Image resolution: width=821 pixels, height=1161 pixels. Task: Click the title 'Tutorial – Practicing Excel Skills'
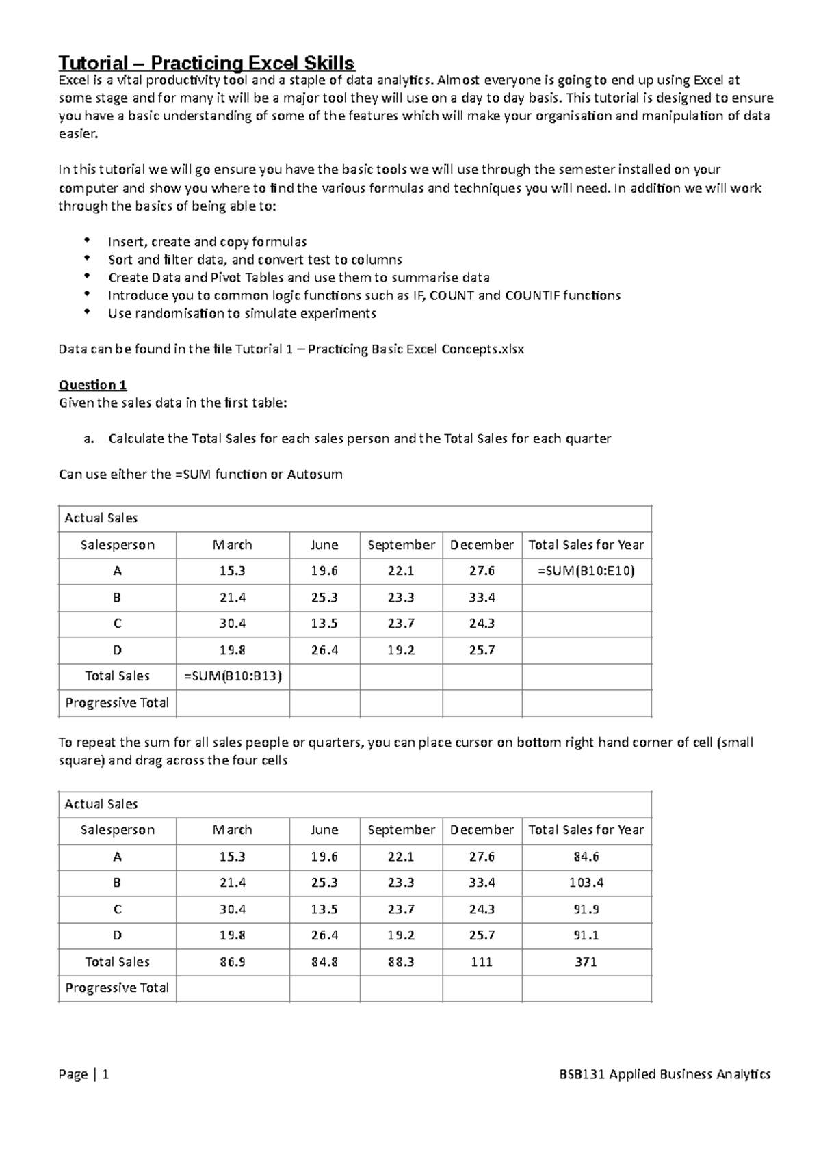[207, 64]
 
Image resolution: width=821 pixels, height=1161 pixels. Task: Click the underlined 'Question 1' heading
[93, 384]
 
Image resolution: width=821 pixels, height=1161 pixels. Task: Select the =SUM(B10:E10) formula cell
[586, 571]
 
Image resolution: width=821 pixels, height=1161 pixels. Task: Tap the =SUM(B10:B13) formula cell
[233, 676]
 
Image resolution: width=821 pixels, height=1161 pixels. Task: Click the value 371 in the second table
[586, 961]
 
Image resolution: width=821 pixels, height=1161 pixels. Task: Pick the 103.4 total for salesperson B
[586, 883]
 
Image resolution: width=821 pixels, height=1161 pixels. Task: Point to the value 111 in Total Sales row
[482, 961]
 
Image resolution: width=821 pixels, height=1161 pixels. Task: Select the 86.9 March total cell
[233, 961]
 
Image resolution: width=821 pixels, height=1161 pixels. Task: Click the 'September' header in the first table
[401, 545]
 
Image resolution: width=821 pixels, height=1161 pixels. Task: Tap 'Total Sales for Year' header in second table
[586, 830]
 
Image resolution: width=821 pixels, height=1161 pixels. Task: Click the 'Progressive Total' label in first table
[117, 703]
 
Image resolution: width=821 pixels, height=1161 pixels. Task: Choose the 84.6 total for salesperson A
[586, 857]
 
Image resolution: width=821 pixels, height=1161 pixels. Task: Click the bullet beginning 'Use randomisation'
[242, 313]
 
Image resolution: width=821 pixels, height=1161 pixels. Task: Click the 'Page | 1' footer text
[84, 1074]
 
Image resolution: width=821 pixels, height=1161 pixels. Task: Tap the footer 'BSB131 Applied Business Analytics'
[664, 1074]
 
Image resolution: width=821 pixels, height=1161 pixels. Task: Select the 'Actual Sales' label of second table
[101, 804]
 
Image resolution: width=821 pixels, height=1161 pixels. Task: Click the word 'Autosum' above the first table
[315, 474]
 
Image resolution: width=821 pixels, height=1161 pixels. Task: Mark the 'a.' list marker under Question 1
[88, 438]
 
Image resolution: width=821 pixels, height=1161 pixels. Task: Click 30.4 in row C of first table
[233, 624]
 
